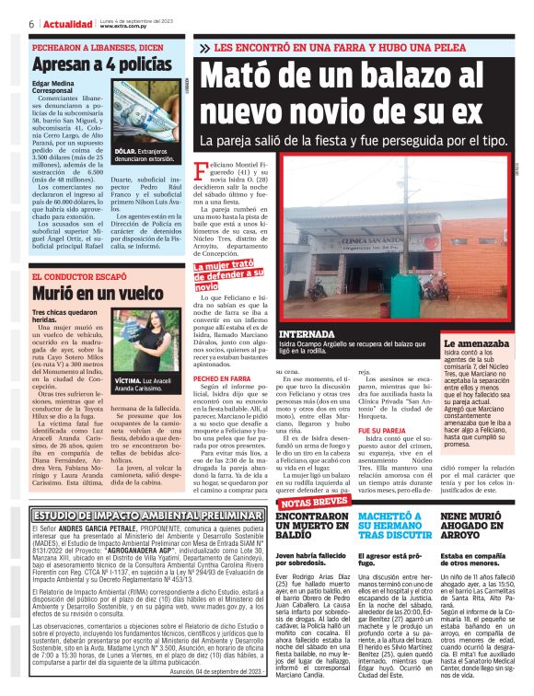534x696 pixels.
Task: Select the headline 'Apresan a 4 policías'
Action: click(101, 64)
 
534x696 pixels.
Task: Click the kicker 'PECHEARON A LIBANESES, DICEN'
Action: click(98, 45)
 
